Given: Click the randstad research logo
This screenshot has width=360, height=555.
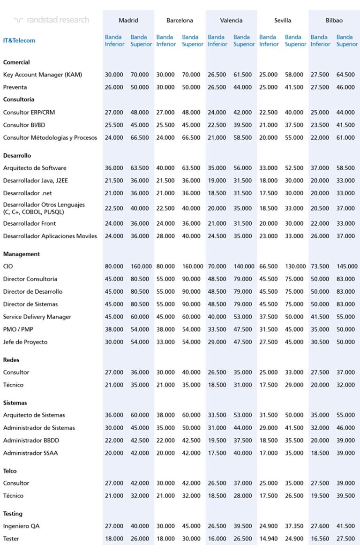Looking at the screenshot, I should tap(51, 20).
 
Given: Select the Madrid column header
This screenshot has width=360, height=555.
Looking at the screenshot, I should tap(128, 21).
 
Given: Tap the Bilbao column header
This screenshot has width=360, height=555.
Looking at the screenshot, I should tap(334, 21).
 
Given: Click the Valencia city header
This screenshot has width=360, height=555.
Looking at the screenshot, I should tap(232, 21).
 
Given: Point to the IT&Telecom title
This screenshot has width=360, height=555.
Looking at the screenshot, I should tap(19, 40).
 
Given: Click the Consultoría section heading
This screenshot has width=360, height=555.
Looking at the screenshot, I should tap(19, 99).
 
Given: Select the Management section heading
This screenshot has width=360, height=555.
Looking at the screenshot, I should tap(22, 254).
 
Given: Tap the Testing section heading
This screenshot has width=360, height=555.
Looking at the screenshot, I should tap(13, 514).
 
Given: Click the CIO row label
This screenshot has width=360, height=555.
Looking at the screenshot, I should tap(8, 266).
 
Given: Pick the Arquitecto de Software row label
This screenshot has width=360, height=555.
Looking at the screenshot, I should tap(35, 168).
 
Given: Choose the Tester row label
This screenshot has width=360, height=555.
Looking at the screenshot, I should tap(11, 539).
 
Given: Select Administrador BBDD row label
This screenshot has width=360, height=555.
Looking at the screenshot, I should tap(31, 440).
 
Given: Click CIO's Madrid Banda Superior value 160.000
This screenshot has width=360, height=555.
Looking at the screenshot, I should tap(141, 266).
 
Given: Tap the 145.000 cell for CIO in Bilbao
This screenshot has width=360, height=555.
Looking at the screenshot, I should tap(347, 266).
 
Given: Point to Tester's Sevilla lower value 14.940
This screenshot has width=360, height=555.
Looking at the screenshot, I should tap(269, 539).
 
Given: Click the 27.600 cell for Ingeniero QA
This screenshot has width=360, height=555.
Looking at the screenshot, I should tap(320, 526).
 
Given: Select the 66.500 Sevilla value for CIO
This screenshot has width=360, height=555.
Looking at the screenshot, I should tap(269, 266).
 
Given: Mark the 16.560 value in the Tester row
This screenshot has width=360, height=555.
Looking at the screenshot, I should tap(320, 539).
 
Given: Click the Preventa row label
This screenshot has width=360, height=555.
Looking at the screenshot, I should tap(15, 87).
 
